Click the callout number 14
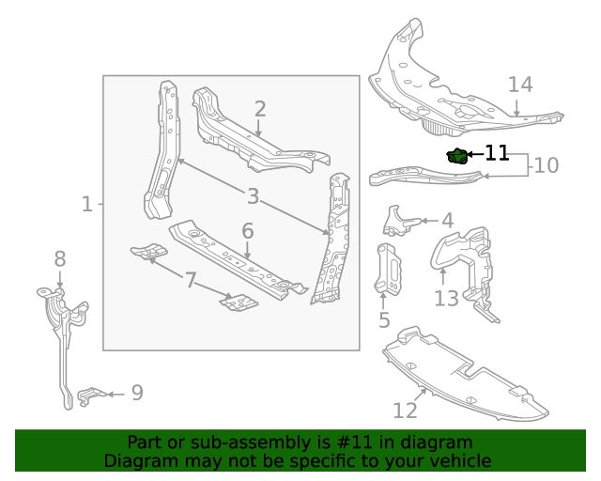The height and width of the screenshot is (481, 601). click(520, 85)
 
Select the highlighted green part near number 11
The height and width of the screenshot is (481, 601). click(456, 156)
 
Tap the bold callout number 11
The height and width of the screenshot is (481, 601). click(497, 153)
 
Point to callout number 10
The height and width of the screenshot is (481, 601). click(546, 165)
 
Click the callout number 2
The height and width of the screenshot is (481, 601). click(259, 109)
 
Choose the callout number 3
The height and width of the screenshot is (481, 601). click(253, 196)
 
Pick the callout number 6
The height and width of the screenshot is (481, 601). click(248, 230)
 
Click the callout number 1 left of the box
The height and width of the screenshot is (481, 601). click(87, 203)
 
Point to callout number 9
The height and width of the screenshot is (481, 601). click(137, 393)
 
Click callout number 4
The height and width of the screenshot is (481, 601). click(447, 221)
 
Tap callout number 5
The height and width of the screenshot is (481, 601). click(384, 320)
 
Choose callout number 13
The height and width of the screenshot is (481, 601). click(446, 298)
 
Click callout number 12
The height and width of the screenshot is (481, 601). click(405, 411)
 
